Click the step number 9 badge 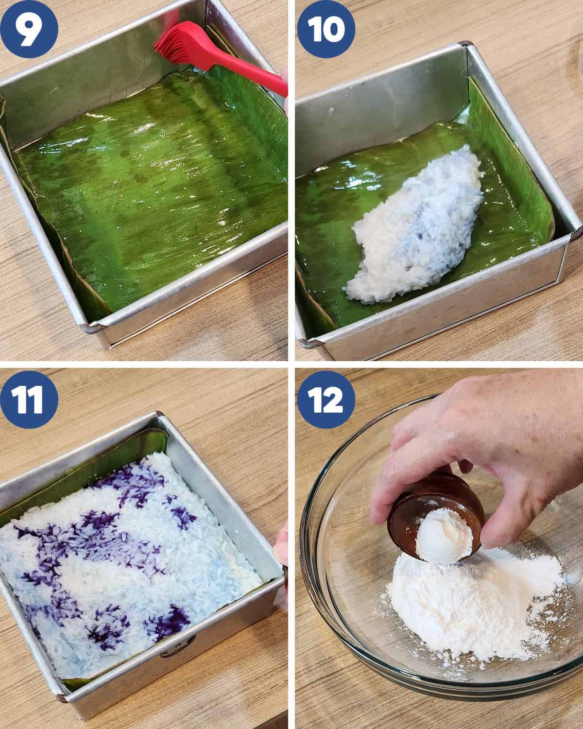(29, 30)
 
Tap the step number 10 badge (326, 29)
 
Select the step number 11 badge (29, 399)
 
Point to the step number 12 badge (326, 399)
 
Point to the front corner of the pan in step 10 (310, 344)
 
